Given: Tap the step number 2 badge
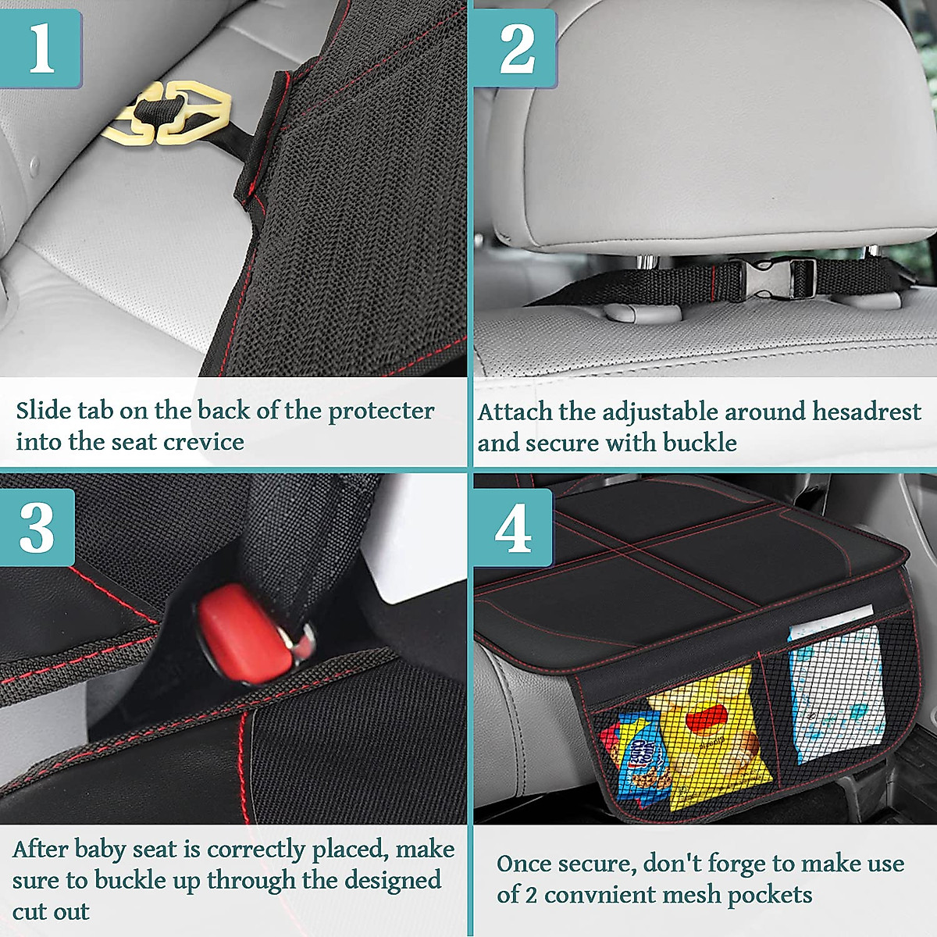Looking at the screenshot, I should [x=515, y=48].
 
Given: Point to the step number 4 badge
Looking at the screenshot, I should [x=513, y=529].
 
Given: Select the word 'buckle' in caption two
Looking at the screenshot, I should [x=700, y=443].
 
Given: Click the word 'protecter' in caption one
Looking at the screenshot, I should [x=381, y=411].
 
